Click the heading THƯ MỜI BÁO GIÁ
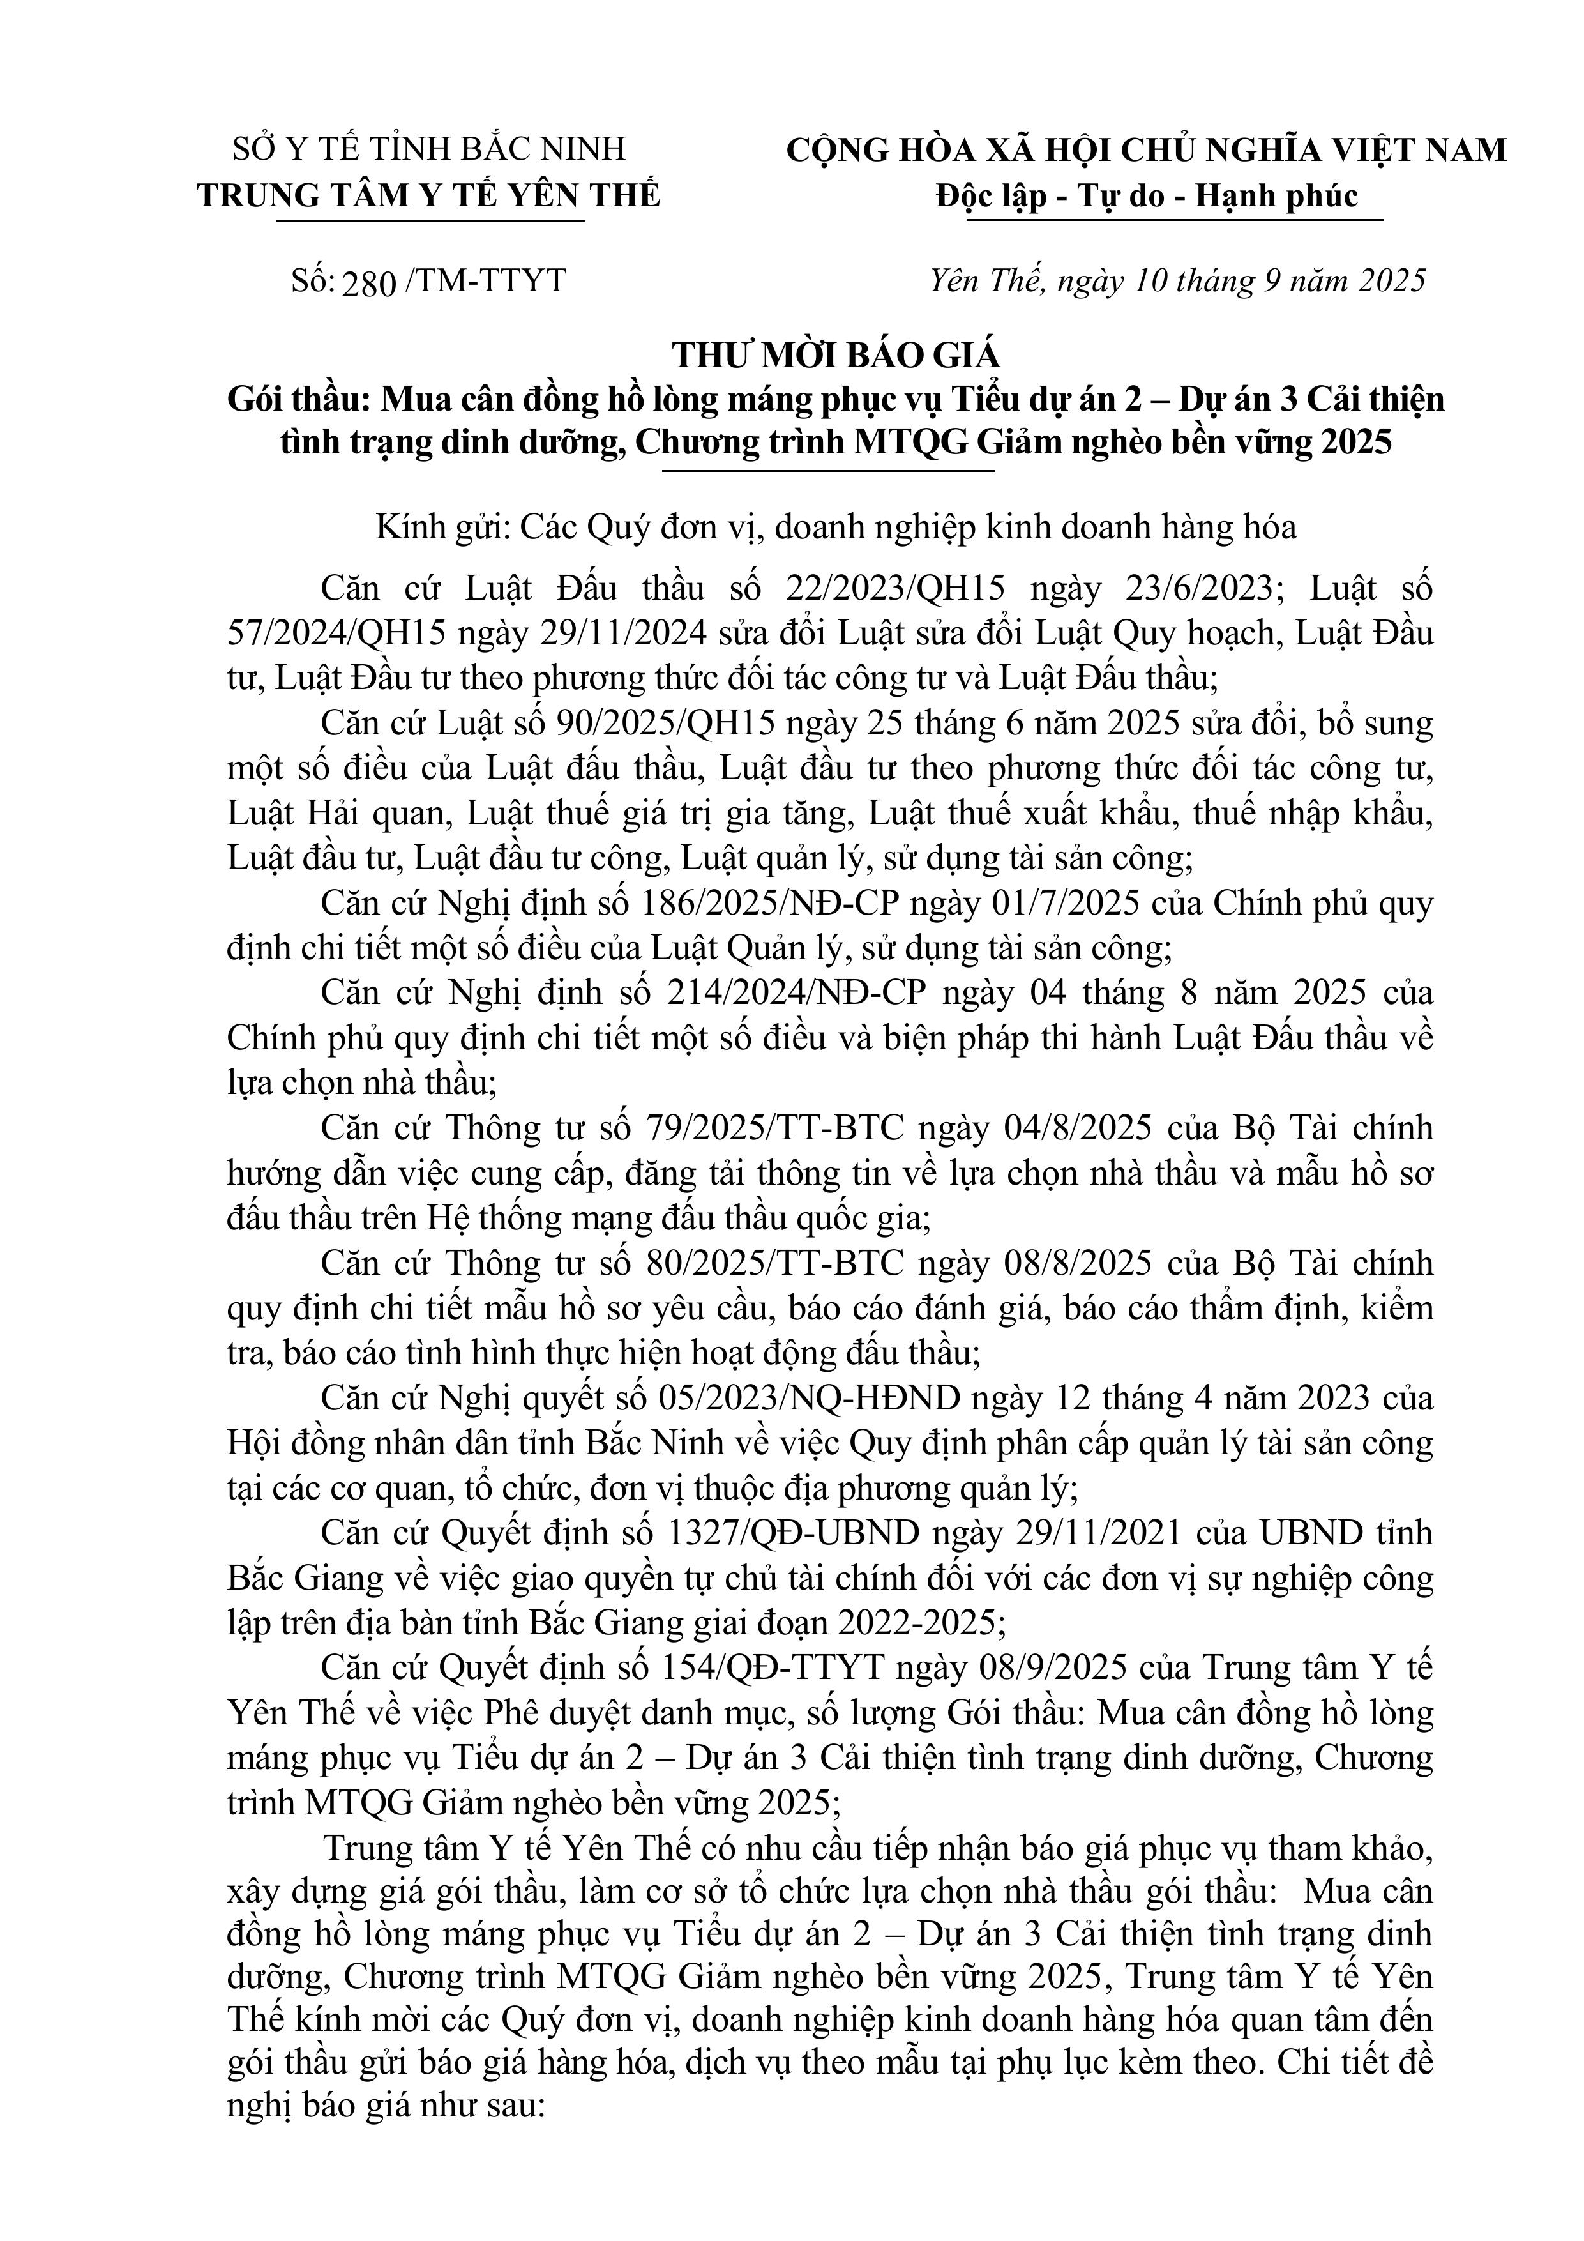click(836, 356)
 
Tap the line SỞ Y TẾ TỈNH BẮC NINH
click(430, 148)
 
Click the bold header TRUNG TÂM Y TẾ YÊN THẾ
click(430, 195)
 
